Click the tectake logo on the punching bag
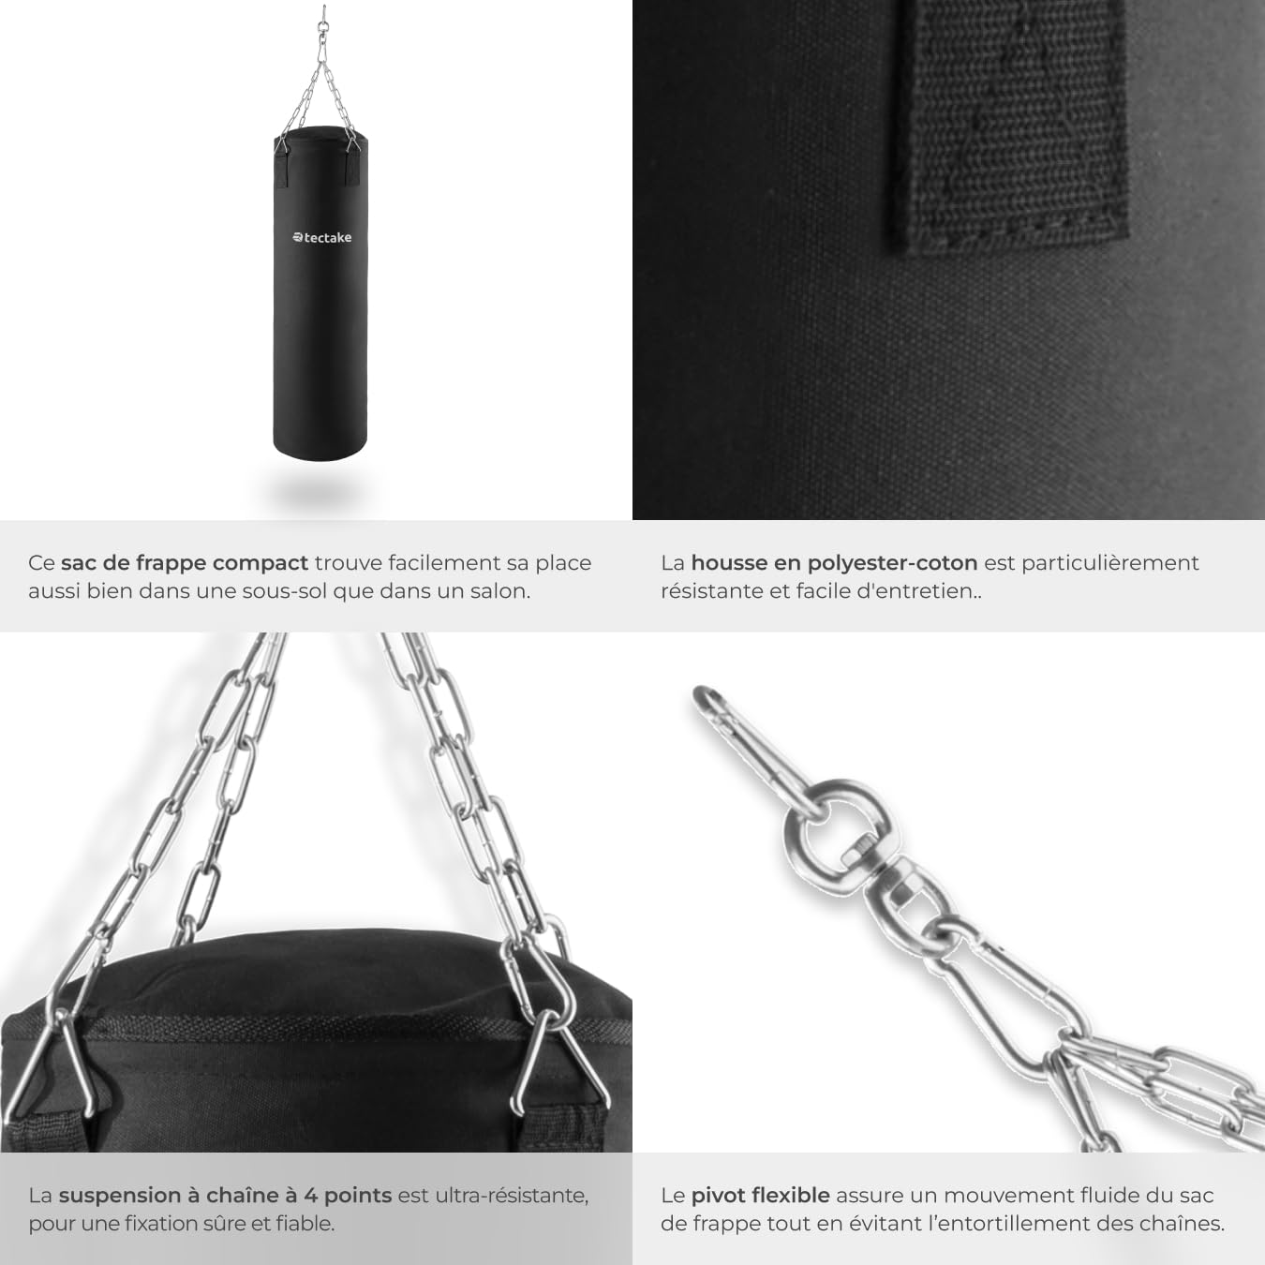point(321,237)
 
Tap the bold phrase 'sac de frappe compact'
point(185,563)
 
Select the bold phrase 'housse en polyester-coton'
point(834,563)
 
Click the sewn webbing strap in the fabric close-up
point(1011,125)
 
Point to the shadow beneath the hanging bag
point(320,490)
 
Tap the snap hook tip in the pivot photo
point(703,696)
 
